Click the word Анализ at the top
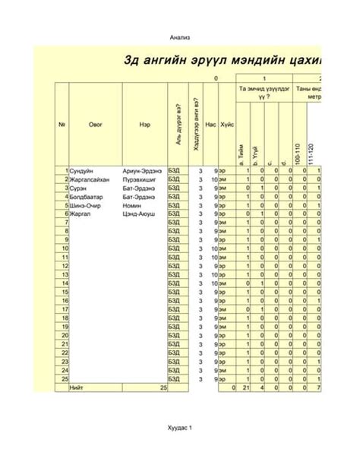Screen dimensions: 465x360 pos(180,37)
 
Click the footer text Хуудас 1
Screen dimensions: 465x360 pos(180,429)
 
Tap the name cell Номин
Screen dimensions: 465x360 pos(132,205)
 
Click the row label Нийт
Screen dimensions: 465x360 pos(77,387)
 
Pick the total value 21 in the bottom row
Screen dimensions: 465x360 pos(245,387)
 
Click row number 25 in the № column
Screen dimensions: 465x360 pos(65,378)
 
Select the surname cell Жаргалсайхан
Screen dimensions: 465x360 pos(91,179)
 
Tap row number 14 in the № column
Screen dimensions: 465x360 pos(65,283)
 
